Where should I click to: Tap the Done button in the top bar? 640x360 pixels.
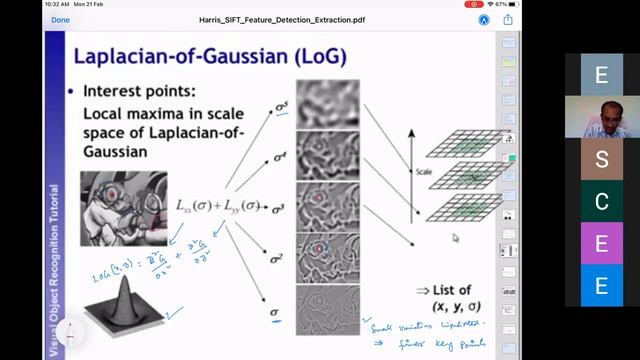coord(60,19)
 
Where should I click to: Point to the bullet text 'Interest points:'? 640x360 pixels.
coord(139,91)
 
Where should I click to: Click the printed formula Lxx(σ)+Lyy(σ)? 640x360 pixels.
coord(216,206)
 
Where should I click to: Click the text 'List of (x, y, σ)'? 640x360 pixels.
coord(444,297)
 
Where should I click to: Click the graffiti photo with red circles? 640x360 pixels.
coord(123,208)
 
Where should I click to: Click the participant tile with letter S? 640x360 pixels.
coord(601,159)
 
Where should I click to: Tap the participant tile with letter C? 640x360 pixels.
coord(601,202)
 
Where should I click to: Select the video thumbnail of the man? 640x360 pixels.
coord(601,116)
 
